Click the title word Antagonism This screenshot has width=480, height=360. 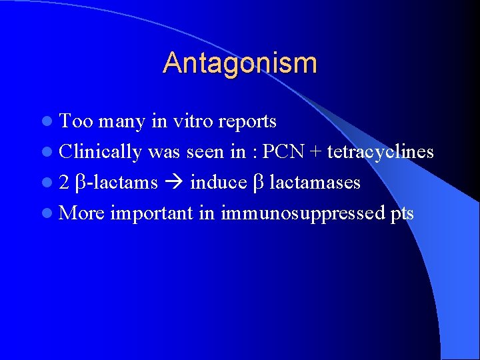click(x=240, y=63)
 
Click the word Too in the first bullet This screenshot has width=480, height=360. click(x=75, y=121)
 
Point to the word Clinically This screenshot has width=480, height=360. click(x=100, y=153)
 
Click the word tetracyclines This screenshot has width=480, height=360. click(x=381, y=153)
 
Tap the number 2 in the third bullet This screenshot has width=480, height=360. click(x=64, y=183)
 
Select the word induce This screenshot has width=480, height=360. click(x=218, y=183)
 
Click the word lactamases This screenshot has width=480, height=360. click(x=315, y=183)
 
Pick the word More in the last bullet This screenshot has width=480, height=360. click(x=81, y=213)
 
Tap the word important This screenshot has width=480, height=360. click(x=152, y=214)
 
